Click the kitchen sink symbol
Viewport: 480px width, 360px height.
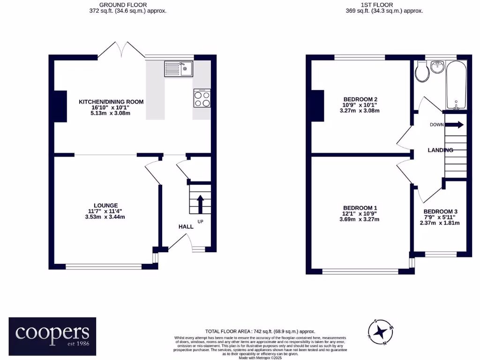(178, 69)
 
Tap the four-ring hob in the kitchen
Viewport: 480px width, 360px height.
(202, 98)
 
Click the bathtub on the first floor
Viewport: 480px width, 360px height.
(456, 85)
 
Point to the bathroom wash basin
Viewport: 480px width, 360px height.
(439, 67)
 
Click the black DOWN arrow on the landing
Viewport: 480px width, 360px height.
(454, 125)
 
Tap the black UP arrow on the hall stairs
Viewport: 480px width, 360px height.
(199, 204)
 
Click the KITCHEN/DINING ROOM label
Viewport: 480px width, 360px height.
(111, 102)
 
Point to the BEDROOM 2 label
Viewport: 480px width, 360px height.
(360, 99)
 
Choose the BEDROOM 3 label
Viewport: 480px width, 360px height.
(440, 211)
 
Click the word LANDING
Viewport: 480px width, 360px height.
(440, 150)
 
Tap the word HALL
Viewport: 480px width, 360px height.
(186, 227)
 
